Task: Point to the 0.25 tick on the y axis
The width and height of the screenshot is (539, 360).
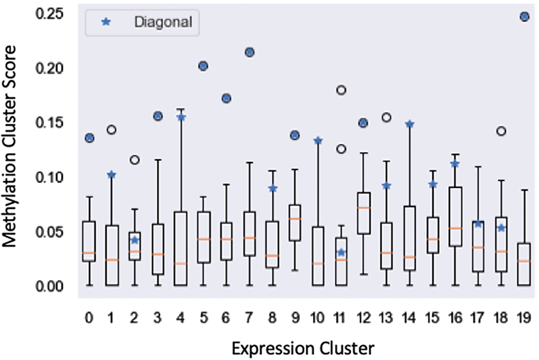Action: click(56, 14)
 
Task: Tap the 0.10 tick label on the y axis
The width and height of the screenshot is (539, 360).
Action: click(56, 177)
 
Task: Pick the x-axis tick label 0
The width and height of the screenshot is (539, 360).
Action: click(88, 316)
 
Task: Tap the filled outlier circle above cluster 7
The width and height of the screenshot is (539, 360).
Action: click(249, 52)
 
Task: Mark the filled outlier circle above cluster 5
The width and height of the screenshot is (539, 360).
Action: click(203, 66)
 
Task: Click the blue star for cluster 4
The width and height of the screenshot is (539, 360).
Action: click(180, 118)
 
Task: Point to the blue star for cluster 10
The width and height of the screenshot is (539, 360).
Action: click(318, 141)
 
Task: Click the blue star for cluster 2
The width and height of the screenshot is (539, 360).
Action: click(135, 240)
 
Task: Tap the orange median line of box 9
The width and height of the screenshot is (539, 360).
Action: click(295, 219)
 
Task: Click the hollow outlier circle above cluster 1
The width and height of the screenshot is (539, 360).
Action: click(111, 130)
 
